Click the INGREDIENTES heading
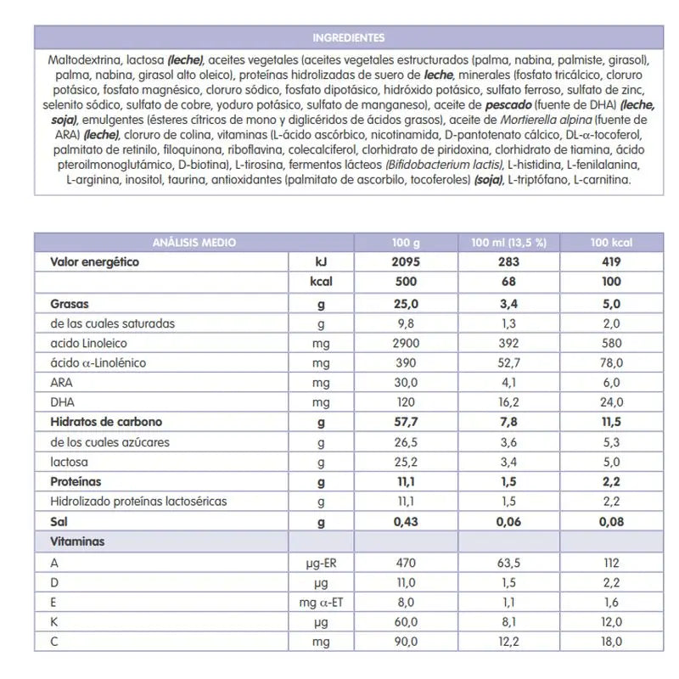[x=348, y=37]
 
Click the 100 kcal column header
[x=610, y=243]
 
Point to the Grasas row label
[x=70, y=303]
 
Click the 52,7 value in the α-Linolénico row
[x=508, y=362]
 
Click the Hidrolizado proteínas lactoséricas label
[x=138, y=502]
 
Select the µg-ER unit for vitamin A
[x=322, y=563]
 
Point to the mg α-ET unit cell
[x=322, y=603]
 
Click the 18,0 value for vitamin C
[x=610, y=643]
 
